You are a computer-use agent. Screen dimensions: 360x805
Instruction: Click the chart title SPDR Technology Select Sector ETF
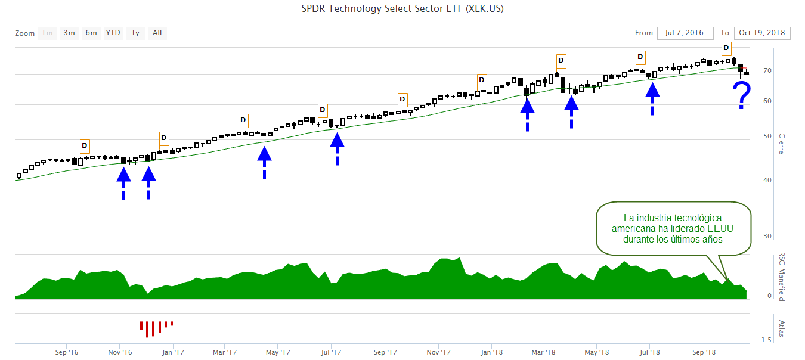coord(402,8)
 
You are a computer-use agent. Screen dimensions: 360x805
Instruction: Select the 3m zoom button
coord(69,33)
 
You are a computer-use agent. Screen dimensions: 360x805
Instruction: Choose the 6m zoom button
coord(91,33)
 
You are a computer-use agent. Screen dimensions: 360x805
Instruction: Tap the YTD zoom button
coord(113,33)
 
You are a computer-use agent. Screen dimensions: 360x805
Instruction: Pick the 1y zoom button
coord(135,33)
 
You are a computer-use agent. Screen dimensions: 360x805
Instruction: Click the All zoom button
coord(157,33)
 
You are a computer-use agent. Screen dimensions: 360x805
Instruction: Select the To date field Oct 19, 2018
coord(762,33)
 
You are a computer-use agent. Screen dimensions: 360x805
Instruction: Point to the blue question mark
coord(741,95)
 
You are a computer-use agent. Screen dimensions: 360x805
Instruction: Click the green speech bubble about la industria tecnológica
coord(673,228)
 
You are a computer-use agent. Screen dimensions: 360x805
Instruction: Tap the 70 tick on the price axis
coord(767,71)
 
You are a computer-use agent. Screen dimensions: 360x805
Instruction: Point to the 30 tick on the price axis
coord(767,237)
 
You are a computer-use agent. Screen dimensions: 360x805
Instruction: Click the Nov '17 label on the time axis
coord(438,352)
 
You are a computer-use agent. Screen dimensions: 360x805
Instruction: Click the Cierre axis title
coord(781,144)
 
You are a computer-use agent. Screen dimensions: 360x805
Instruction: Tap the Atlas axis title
coord(781,328)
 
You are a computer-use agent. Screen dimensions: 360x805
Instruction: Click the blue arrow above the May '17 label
coord(264,161)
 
